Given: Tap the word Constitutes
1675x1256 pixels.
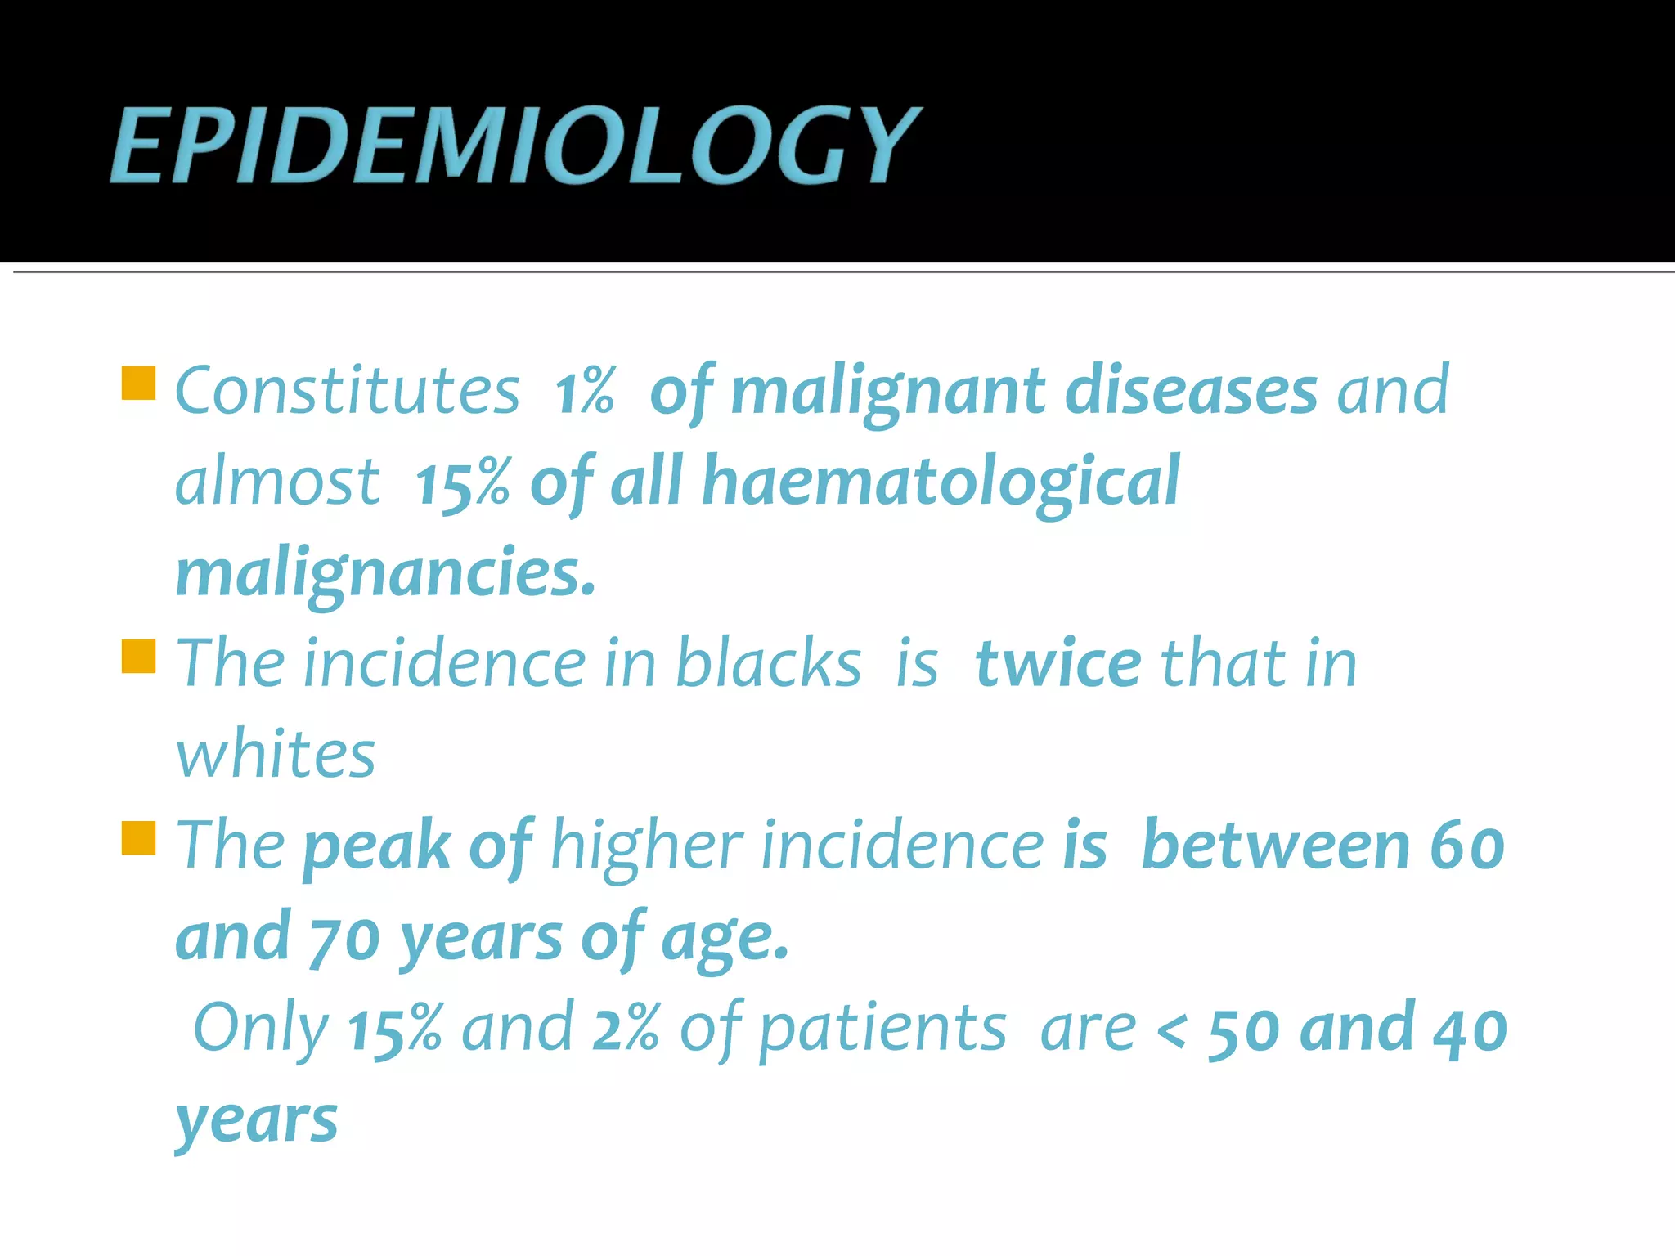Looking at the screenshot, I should [348, 391].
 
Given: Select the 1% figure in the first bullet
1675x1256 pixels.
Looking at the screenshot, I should [584, 391].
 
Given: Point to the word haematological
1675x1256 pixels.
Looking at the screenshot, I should [941, 482].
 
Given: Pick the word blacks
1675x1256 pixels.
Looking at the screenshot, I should [768, 663].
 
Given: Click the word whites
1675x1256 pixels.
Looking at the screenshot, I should [276, 754].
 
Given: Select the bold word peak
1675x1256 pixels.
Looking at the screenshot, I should [377, 846].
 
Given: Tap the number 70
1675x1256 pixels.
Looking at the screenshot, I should [344, 939].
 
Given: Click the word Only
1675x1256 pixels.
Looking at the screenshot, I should [261, 1029].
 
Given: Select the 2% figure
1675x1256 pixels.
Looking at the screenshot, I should [626, 1029].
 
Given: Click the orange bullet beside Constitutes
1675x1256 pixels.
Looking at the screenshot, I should [138, 383].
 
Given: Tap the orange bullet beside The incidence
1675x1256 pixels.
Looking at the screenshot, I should [138, 656].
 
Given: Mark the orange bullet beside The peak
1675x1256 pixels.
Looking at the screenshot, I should [138, 838].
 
